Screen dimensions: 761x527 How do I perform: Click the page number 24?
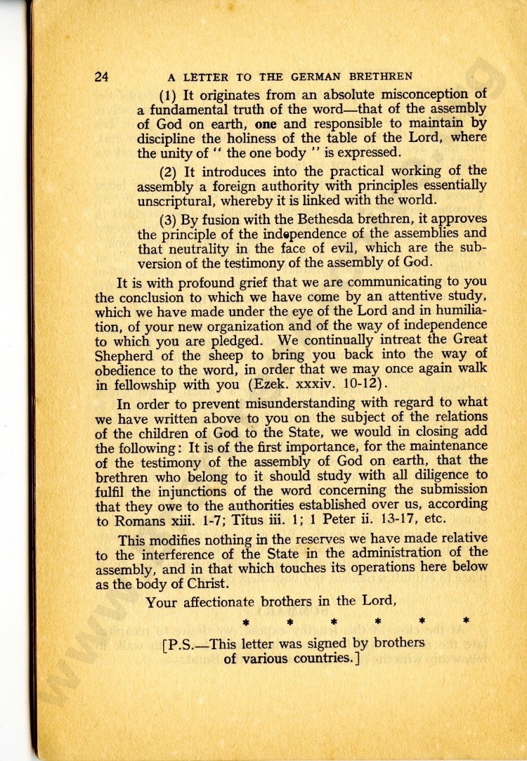(x=103, y=77)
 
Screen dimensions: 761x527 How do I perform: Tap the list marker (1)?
(x=169, y=95)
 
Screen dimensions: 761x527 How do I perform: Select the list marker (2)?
(x=169, y=171)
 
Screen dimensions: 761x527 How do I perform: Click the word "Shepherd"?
(x=125, y=354)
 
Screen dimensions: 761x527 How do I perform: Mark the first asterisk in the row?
(x=245, y=622)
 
